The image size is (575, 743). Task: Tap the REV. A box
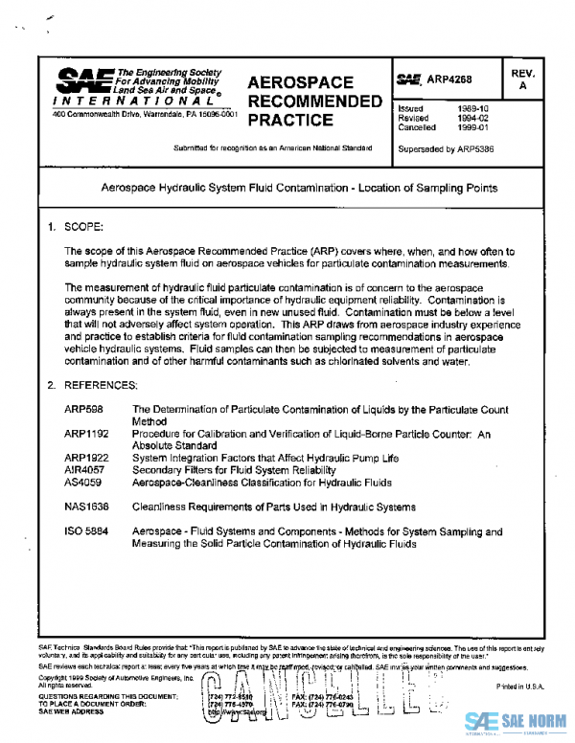point(522,79)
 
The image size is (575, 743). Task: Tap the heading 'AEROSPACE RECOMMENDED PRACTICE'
point(300,101)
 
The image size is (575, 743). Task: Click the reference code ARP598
point(82,410)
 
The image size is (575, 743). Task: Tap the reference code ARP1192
point(86,434)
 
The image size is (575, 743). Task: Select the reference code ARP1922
point(86,459)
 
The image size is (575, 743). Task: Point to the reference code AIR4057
point(84,470)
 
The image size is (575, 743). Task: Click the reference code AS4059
point(82,483)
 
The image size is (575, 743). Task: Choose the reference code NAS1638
point(86,506)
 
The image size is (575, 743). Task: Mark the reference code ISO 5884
point(85,530)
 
